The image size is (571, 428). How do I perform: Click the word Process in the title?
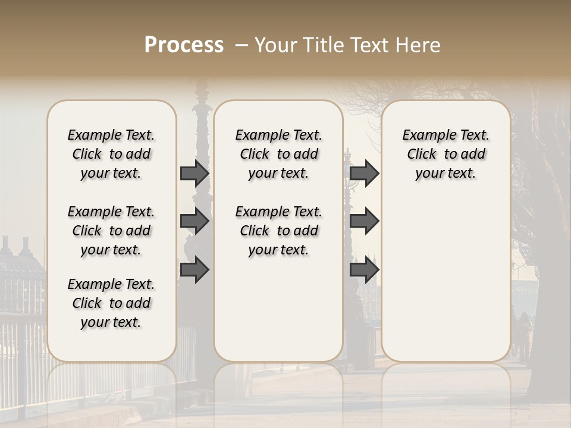point(184,45)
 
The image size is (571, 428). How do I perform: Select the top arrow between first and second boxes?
point(194,173)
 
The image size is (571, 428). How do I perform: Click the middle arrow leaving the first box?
point(194,221)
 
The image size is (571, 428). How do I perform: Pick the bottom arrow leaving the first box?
point(194,269)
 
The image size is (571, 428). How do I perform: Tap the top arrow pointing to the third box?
point(364,173)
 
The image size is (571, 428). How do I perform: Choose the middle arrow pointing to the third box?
point(364,221)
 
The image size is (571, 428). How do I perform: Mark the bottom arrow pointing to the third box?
point(364,269)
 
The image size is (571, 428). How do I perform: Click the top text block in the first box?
point(111,154)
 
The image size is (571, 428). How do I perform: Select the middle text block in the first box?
point(111,231)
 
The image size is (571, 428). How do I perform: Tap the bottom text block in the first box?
point(111,303)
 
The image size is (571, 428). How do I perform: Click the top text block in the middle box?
point(278,154)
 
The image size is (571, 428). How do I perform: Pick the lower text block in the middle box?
point(278,231)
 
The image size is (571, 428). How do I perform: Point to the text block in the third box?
point(445,154)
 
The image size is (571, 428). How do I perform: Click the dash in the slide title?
point(241,45)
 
